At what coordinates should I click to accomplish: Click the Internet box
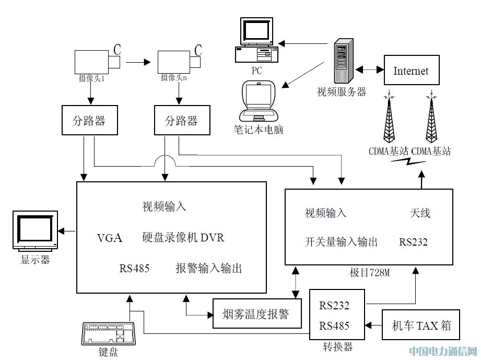coord(410,71)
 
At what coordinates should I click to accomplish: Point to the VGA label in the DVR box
coord(110,238)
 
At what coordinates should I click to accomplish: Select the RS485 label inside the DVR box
coord(134,269)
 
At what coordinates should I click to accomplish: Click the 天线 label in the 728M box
coord(420,213)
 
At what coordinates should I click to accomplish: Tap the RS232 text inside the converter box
coord(334,306)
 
